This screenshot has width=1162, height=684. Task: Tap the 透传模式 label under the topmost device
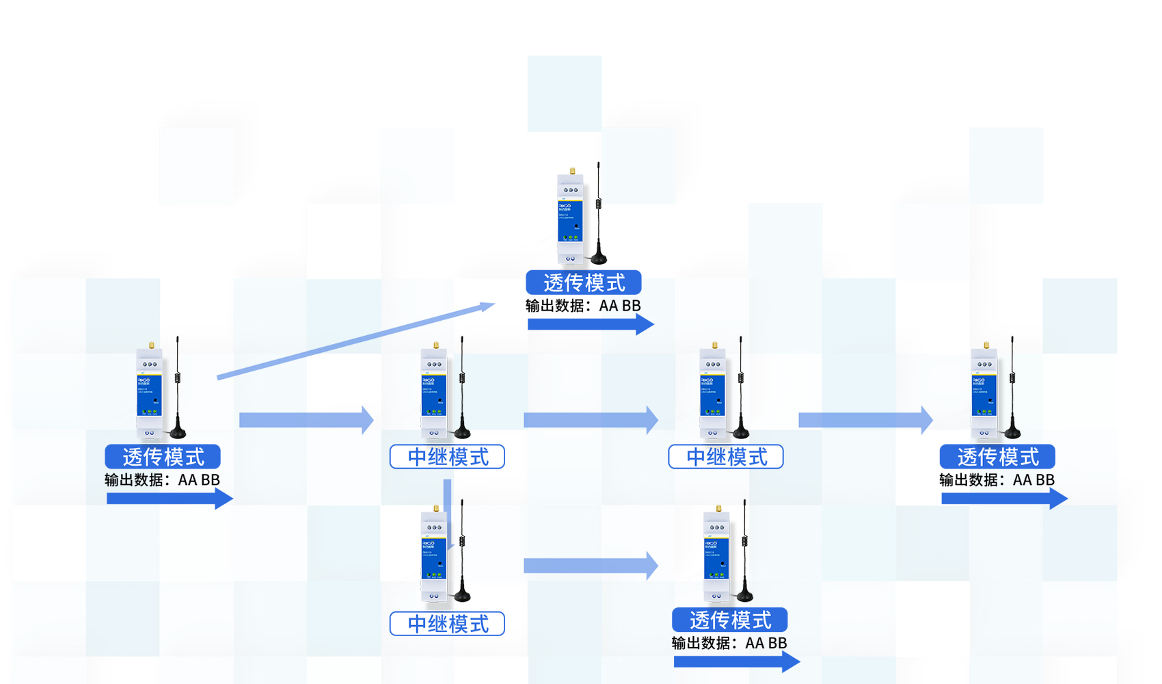(x=583, y=282)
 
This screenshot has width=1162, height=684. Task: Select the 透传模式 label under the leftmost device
(x=163, y=456)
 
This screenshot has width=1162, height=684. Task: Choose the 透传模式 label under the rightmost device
(x=997, y=456)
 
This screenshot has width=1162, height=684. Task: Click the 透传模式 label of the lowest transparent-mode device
(x=729, y=620)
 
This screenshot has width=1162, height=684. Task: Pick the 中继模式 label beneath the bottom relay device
(x=447, y=624)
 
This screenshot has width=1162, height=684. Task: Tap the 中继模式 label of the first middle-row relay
(x=447, y=456)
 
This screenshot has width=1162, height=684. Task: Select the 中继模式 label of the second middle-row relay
(x=726, y=456)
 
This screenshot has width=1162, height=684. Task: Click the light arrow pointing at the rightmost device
(x=865, y=420)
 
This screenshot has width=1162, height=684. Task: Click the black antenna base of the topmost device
(x=599, y=259)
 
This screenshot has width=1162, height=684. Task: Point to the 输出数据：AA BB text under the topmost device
(x=583, y=306)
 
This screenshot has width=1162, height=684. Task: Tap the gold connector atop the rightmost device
(x=986, y=345)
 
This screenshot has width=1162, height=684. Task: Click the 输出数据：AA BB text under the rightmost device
(x=997, y=480)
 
